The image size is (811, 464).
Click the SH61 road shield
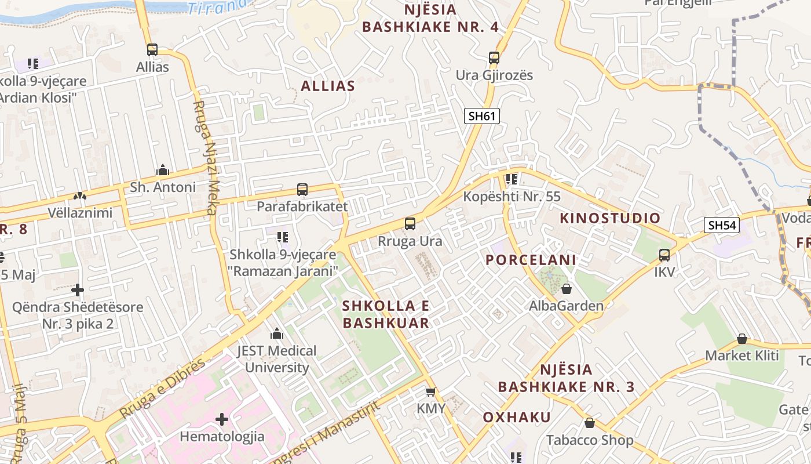[x=482, y=116]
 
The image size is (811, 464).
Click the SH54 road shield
[x=722, y=225]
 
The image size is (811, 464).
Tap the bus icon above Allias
[x=152, y=50]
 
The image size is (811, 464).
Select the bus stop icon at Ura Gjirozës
[x=494, y=58]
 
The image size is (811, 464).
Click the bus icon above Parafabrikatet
[x=302, y=189]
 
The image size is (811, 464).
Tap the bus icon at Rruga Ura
[x=410, y=224]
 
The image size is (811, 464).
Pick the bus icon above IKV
[x=664, y=255]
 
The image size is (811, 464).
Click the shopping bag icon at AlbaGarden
[x=567, y=288]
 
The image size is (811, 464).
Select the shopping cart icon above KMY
[x=430, y=392]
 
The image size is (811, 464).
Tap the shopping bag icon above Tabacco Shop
[x=589, y=423]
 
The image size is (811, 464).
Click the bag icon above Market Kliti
[x=741, y=339]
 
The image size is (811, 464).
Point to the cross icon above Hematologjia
[x=221, y=419]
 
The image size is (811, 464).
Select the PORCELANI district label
[x=531, y=260]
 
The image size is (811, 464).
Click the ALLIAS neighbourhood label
[x=327, y=86]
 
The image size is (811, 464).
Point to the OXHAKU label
[x=517, y=417]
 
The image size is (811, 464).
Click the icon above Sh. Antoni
[x=163, y=171]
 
